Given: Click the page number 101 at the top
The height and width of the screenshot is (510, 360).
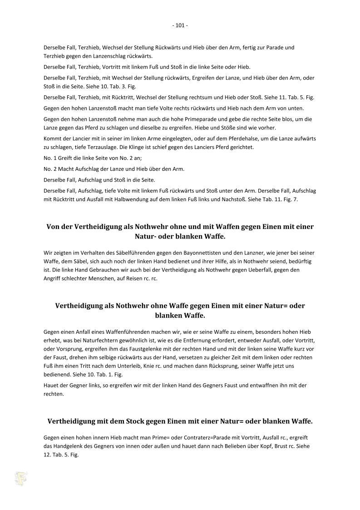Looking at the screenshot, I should (180, 25).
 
